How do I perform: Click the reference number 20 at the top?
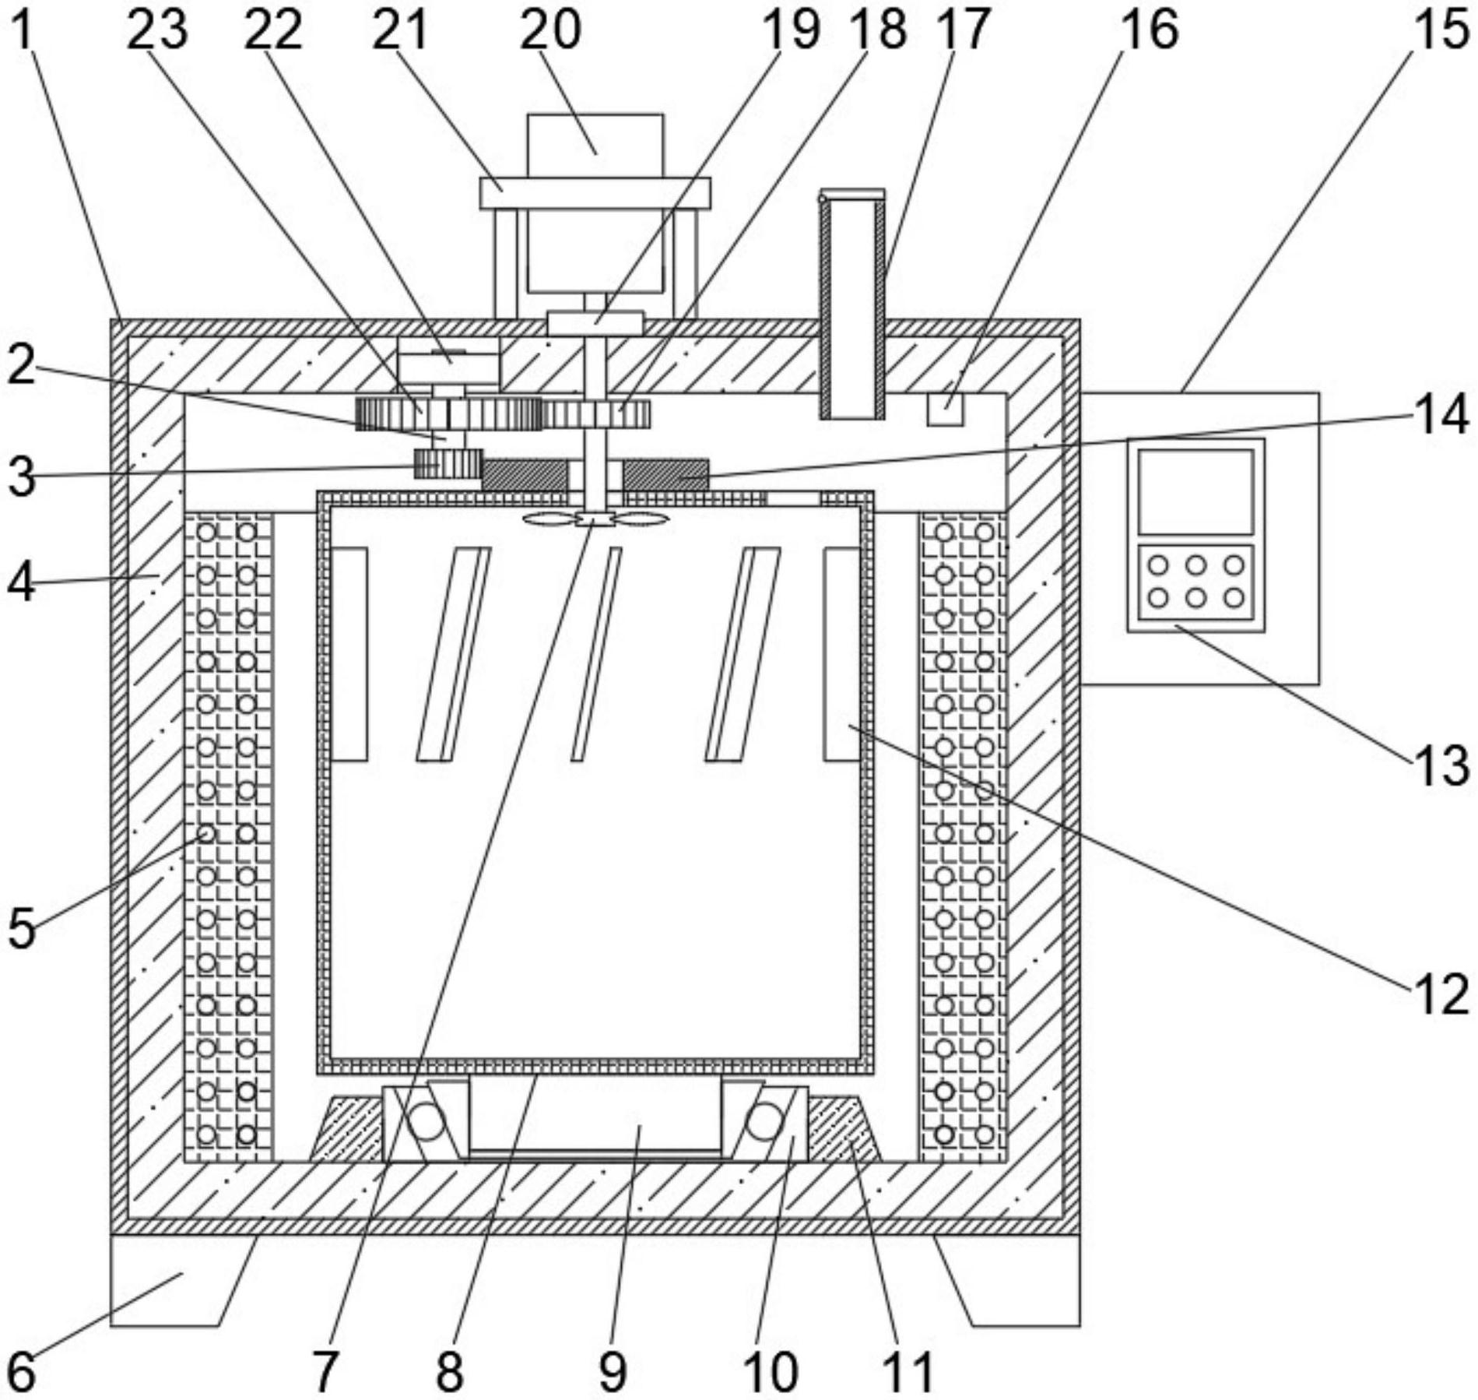pyautogui.click(x=550, y=30)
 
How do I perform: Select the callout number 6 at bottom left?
pyautogui.click(x=21, y=1371)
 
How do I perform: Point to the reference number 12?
pyautogui.click(x=1442, y=996)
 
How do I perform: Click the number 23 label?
pyautogui.click(x=157, y=30)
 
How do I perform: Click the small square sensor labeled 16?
pyautogui.click(x=946, y=410)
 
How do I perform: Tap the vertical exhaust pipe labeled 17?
pyautogui.click(x=852, y=304)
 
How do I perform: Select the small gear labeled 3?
pyautogui.click(x=448, y=464)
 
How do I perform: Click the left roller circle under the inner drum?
pyautogui.click(x=426, y=1122)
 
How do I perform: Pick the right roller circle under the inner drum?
pyautogui.click(x=764, y=1122)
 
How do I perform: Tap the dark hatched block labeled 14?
pyautogui.click(x=666, y=474)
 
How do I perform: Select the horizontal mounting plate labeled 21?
pyautogui.click(x=595, y=193)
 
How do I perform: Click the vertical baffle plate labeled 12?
pyautogui.click(x=842, y=654)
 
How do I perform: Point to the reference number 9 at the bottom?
pyautogui.click(x=613, y=1371)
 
